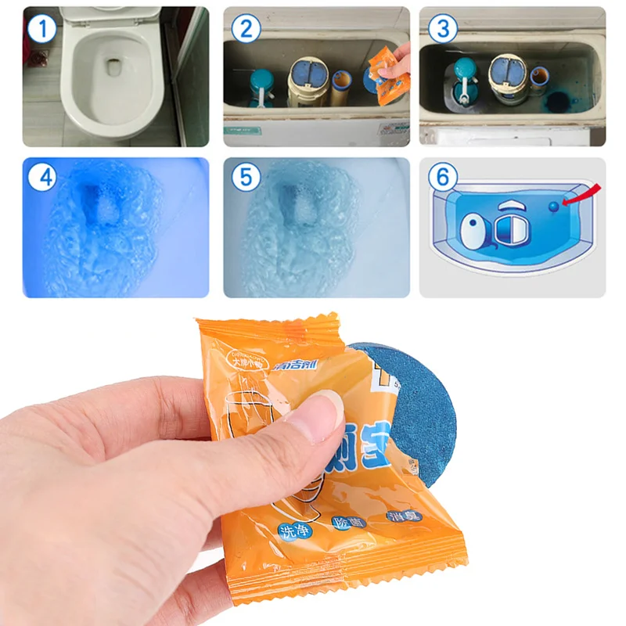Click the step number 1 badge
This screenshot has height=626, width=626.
point(41,30)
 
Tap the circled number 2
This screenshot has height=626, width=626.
point(246,30)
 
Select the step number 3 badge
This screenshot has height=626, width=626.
point(443,30)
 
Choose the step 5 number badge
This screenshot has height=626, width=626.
point(246,178)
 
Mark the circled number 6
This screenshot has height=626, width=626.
point(443,178)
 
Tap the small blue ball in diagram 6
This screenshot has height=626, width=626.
point(554,206)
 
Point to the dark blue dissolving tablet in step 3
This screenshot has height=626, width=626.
point(557,102)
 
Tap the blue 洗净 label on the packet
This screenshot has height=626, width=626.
point(293,531)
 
